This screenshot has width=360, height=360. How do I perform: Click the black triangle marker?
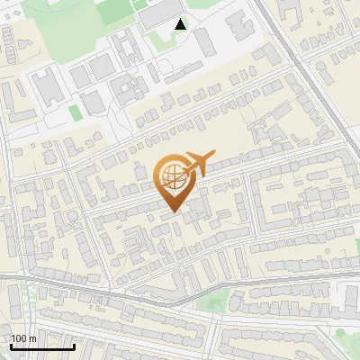(x=181, y=24)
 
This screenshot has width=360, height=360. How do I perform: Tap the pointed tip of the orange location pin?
(x=175, y=211)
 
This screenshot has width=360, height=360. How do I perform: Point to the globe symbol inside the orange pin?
(x=172, y=178)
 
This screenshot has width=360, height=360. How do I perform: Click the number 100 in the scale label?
(x=19, y=338)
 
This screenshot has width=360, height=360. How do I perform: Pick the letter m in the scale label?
(x=32, y=338)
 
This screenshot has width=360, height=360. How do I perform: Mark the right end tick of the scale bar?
(x=75, y=345)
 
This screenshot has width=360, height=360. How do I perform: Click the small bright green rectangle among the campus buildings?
(x=75, y=112)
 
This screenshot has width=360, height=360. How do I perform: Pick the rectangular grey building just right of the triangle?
(x=205, y=40)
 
